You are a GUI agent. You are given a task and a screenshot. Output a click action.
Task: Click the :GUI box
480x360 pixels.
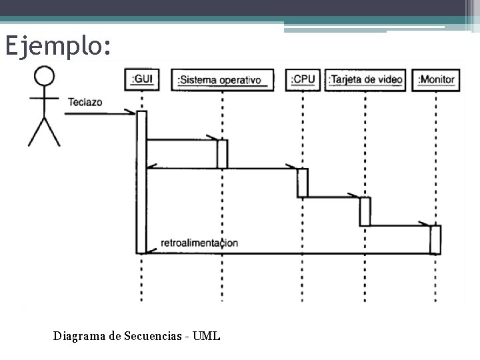[x=142, y=80]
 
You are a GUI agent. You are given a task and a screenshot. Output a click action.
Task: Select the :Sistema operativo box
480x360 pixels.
[x=222, y=80]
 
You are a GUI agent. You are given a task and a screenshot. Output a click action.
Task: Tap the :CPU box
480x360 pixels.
[x=303, y=79]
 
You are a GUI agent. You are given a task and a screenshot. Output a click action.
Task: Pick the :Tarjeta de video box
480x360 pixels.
[x=366, y=80]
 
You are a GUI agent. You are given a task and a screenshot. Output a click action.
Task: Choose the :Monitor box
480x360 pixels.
[x=436, y=80]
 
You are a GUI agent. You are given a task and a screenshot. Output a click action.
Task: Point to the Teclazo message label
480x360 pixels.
[x=85, y=103]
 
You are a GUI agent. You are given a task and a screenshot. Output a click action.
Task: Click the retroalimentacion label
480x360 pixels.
[x=199, y=243]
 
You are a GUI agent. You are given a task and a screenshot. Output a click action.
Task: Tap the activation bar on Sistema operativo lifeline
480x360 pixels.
[x=223, y=154]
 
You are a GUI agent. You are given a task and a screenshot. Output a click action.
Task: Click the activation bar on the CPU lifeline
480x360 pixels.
[x=303, y=183]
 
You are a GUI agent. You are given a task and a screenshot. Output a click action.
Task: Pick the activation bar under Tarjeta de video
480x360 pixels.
[x=365, y=211]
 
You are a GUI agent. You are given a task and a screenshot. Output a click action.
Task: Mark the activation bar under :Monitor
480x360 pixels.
[x=435, y=239]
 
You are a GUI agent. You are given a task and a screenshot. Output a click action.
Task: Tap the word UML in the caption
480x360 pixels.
[x=207, y=336]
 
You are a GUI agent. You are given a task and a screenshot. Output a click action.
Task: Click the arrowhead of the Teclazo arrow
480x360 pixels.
[x=133, y=114]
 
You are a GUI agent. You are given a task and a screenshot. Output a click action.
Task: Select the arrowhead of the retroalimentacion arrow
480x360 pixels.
[x=150, y=251]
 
